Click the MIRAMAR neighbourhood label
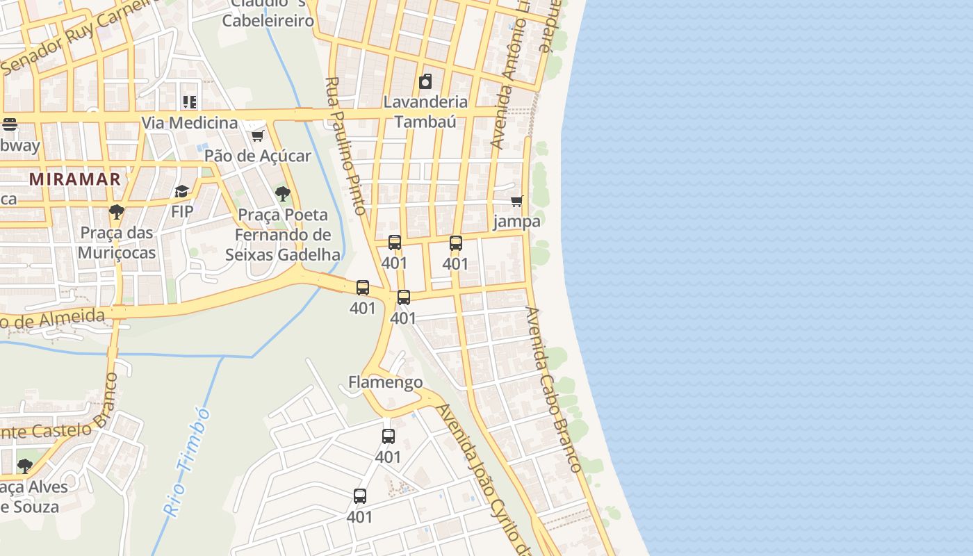pyautogui.click(x=75, y=179)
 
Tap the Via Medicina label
pyautogui.click(x=190, y=123)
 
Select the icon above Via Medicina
pyautogui.click(x=190, y=102)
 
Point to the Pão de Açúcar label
pyautogui.click(x=257, y=156)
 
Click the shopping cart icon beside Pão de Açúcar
pyautogui.click(x=257, y=136)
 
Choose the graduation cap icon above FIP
pyautogui.click(x=182, y=191)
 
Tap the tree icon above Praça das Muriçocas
pyautogui.click(x=117, y=211)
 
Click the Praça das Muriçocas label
pyautogui.click(x=117, y=242)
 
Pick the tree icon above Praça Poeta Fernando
pyautogui.click(x=282, y=193)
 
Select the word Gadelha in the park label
pyautogui.click(x=309, y=254)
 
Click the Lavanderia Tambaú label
pyautogui.click(x=425, y=111)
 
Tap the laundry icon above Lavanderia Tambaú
pyautogui.click(x=425, y=82)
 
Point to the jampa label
pyautogui.click(x=516, y=222)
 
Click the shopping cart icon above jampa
pyautogui.click(x=516, y=202)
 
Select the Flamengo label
pyautogui.click(x=385, y=382)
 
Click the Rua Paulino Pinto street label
pyautogui.click(x=345, y=145)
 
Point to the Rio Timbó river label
pyautogui.click(x=187, y=463)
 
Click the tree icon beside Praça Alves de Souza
pyautogui.click(x=25, y=466)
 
